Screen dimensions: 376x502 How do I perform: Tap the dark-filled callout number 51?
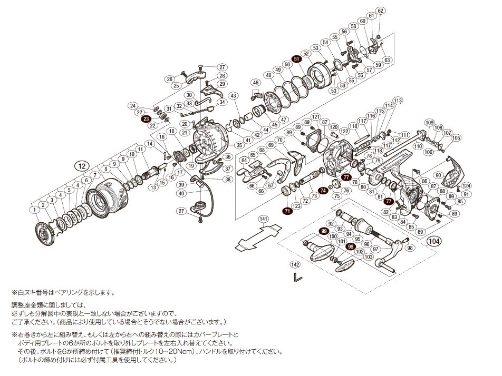(297, 59)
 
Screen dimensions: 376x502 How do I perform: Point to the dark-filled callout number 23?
(146, 120)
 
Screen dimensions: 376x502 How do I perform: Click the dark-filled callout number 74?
(323, 190)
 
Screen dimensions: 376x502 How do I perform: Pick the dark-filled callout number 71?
(287, 211)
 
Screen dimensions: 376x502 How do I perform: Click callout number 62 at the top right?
(381, 11)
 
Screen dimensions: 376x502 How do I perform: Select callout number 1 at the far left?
(34, 210)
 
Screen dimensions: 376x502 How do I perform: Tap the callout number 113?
(397, 100)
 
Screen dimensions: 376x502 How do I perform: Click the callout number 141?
(264, 219)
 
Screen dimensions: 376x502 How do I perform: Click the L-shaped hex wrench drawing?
(298, 276)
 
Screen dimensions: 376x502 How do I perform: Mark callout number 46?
(256, 83)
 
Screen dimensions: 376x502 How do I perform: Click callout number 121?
(316, 116)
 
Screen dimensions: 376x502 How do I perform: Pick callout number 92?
(331, 224)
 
